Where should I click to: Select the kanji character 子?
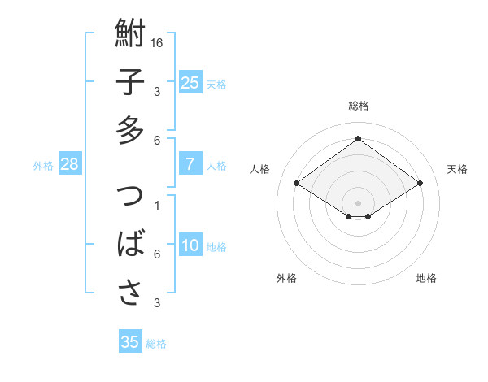(130, 83)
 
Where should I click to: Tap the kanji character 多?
(130, 130)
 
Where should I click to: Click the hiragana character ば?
(130, 245)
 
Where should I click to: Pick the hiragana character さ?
(130, 292)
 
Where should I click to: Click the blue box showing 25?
(190, 83)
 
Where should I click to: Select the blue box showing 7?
(190, 165)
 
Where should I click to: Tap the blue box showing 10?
(190, 246)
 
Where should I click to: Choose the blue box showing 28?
(69, 165)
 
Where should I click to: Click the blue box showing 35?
(130, 342)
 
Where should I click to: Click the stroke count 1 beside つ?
(157, 205)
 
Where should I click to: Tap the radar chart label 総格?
(358, 106)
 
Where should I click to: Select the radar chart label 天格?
(457, 169)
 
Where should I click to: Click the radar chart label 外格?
(286, 278)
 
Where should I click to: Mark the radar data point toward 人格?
(297, 184)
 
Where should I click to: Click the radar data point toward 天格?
(420, 184)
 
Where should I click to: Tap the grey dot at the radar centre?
(358, 202)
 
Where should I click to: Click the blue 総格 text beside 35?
(156, 344)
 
